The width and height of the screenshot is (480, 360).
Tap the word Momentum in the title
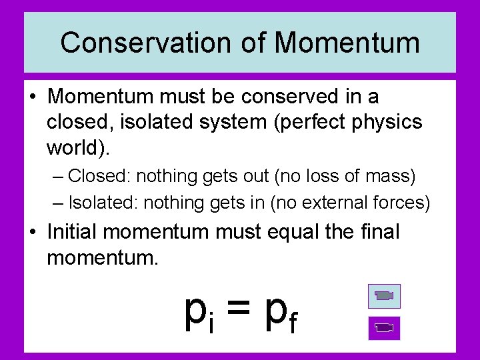(347, 43)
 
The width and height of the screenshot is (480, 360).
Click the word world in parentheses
(73, 147)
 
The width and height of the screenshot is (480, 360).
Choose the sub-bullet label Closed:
(101, 176)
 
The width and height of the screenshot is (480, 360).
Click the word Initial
(73, 232)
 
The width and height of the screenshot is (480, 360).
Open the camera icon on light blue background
(384, 296)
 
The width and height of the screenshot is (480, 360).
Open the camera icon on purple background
(384, 327)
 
